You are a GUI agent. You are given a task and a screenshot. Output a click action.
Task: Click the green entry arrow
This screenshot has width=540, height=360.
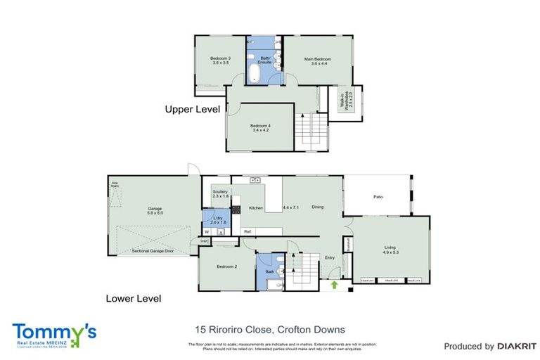[334, 285]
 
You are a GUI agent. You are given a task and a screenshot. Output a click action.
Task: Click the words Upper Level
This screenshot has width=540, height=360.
[192, 110]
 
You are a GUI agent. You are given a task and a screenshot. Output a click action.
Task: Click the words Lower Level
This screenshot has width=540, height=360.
[133, 299]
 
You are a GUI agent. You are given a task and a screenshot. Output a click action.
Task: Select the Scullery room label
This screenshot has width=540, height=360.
[220, 193]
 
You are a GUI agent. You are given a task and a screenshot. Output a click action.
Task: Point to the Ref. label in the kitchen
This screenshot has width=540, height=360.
[247, 231]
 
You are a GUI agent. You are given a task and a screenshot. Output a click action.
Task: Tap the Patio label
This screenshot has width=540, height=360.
[378, 197]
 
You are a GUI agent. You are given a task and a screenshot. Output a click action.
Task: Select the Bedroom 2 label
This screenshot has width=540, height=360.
[226, 267]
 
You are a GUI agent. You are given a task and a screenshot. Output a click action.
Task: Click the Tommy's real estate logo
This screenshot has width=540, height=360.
[53, 334]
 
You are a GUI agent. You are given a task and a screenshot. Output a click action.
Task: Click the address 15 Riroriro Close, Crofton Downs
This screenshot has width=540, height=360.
[269, 329]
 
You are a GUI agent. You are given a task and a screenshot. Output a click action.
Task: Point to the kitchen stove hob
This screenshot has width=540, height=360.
[237, 210]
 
